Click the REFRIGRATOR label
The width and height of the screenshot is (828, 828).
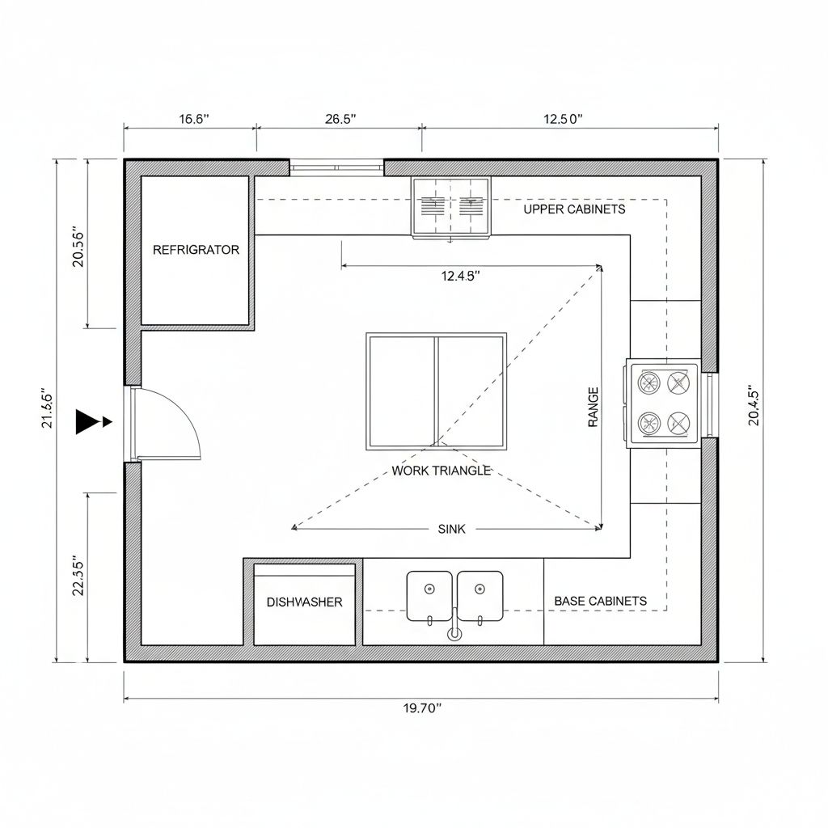[x=196, y=250]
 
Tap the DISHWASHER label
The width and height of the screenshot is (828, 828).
[x=304, y=602]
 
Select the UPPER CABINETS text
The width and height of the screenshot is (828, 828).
[x=574, y=209]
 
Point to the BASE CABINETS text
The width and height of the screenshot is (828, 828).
[x=601, y=601]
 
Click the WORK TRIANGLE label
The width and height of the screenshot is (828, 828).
[x=441, y=471]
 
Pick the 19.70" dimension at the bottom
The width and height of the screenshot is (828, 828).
[x=422, y=708]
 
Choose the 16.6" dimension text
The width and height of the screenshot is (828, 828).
[x=194, y=119]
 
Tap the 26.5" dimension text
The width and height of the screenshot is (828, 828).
[x=340, y=119]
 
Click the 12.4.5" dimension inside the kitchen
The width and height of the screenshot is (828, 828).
[x=460, y=276]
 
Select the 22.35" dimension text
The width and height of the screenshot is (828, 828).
[x=78, y=576]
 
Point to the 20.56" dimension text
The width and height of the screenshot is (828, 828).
[x=78, y=247]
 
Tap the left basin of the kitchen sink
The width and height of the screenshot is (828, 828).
[x=429, y=596]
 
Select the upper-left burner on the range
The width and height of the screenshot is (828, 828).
[x=649, y=382]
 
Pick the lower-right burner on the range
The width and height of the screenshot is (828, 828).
[x=678, y=423]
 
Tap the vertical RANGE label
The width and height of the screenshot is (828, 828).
[x=593, y=408]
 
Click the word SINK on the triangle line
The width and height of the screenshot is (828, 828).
[x=451, y=529]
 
